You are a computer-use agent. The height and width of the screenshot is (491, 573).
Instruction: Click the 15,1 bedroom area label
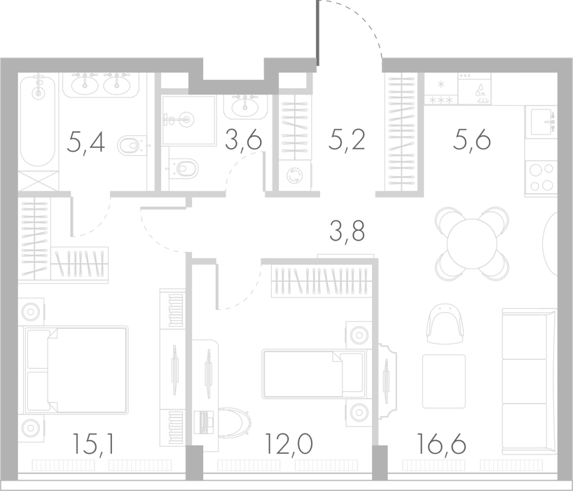[x=94, y=444]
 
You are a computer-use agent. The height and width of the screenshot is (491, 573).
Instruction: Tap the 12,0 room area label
[x=289, y=444]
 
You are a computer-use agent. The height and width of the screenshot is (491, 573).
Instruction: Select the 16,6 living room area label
[x=441, y=444]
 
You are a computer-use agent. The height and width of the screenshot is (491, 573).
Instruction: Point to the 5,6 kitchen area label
[x=471, y=140]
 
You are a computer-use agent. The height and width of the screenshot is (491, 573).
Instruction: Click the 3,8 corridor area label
[x=347, y=231]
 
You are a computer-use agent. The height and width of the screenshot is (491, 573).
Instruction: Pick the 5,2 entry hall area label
[x=347, y=140]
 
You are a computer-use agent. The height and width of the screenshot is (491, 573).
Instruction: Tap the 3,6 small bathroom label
[x=243, y=140]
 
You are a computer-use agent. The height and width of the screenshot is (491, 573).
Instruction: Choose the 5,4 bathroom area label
[x=86, y=142]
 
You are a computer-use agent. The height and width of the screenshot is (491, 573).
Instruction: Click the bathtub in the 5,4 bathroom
[x=38, y=121]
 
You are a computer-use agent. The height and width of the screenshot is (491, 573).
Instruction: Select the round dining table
[x=472, y=243]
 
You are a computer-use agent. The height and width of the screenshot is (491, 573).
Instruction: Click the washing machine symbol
[x=294, y=175]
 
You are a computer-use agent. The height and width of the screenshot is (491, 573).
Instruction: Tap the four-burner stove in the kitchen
[x=541, y=177]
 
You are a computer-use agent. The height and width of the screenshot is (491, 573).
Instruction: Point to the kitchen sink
[x=541, y=122]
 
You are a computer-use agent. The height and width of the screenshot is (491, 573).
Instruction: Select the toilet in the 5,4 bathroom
[x=130, y=145]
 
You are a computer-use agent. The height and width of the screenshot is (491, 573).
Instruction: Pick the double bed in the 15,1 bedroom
[x=76, y=370]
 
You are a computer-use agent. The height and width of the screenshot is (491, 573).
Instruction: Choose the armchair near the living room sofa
[x=445, y=324]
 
